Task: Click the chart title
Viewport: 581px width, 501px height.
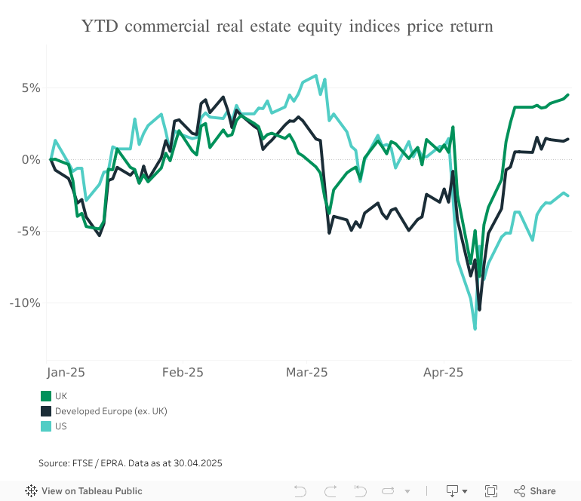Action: (x=287, y=27)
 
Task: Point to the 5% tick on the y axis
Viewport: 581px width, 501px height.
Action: (x=30, y=88)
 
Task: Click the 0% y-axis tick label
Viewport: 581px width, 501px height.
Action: (x=30, y=159)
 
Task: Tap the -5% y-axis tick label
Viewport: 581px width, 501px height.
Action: (x=28, y=231)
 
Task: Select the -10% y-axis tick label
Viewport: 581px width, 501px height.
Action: (x=25, y=303)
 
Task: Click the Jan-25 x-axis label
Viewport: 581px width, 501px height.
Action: (x=66, y=372)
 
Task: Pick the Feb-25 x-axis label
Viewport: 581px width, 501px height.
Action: (x=183, y=372)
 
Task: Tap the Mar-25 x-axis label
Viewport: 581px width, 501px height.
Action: (x=307, y=372)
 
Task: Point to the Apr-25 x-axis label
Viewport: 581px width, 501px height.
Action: (x=444, y=372)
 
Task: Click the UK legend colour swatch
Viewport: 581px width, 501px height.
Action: (x=46, y=396)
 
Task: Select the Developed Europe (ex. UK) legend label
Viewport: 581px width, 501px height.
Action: (x=111, y=411)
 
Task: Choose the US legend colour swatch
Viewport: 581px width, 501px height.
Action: (x=46, y=426)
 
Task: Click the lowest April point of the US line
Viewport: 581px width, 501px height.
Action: (x=475, y=328)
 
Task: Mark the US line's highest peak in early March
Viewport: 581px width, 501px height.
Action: (x=315, y=75)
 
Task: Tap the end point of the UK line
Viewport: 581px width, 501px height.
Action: (x=567, y=95)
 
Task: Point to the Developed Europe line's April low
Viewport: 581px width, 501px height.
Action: (x=479, y=309)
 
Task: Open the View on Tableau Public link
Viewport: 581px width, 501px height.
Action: (x=84, y=491)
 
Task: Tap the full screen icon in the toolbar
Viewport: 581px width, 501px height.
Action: (x=491, y=491)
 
